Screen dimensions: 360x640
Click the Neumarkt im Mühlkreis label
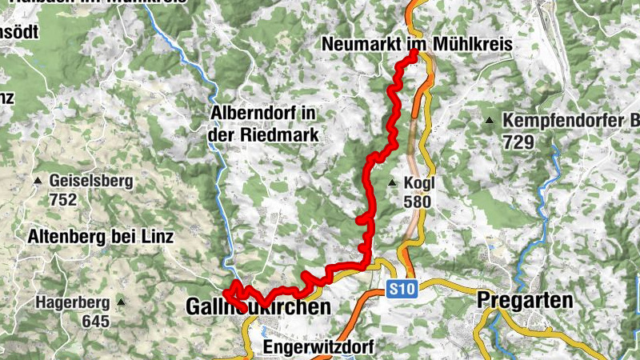click(416, 44)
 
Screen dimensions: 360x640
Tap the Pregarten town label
click(525, 301)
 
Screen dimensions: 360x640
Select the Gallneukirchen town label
click(258, 307)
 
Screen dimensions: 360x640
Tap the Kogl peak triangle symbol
click(392, 183)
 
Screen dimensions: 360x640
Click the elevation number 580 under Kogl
click(417, 202)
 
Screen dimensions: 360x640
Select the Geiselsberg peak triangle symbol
click(37, 181)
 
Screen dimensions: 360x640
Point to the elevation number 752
click(62, 199)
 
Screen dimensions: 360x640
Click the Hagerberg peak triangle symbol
click(121, 302)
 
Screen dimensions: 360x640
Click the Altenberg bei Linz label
click(100, 237)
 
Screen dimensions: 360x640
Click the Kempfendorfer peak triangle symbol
click(489, 122)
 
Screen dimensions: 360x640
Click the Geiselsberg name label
click(90, 181)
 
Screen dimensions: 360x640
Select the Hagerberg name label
click(74, 302)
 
